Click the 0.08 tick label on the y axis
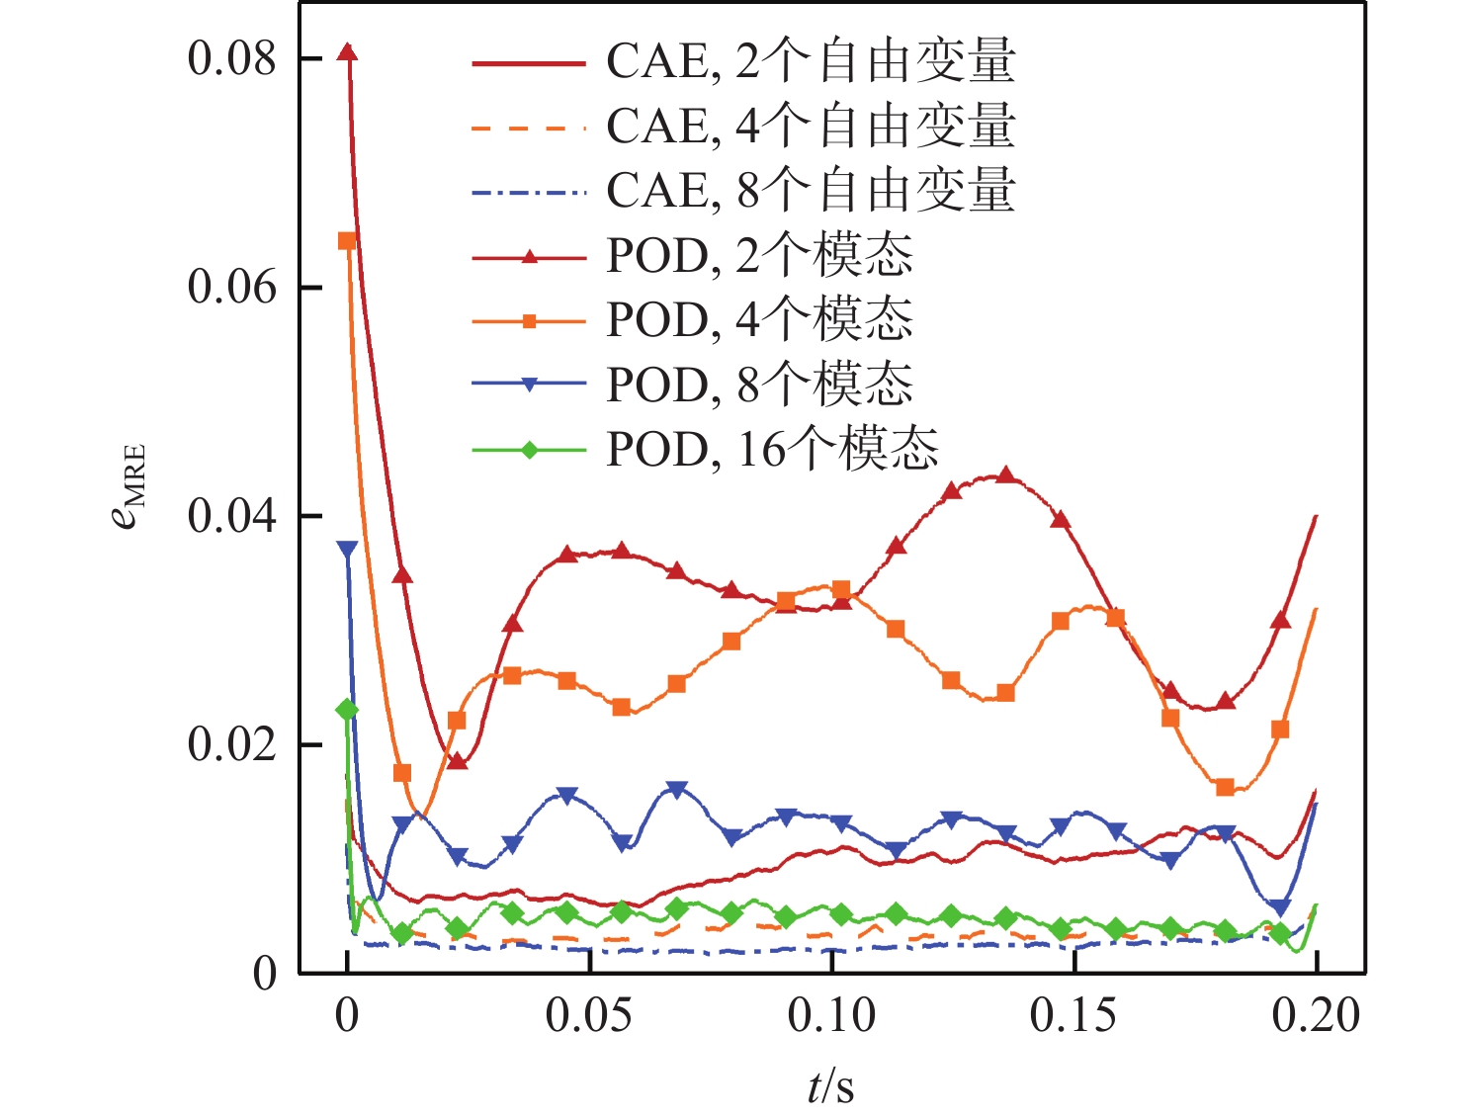click(231, 59)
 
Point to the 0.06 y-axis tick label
click(231, 288)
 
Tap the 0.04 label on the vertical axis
click(231, 516)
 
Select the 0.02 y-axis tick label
click(231, 744)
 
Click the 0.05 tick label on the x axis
click(589, 1015)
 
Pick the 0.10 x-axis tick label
click(831, 1015)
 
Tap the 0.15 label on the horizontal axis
click(1073, 1015)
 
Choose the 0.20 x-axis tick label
click(1316, 1015)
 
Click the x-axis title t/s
click(830, 1086)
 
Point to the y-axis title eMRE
click(129, 487)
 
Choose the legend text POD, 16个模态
click(772, 450)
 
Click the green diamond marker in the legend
click(530, 451)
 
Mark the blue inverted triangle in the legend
click(530, 386)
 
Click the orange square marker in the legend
click(530, 321)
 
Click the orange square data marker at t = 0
click(347, 241)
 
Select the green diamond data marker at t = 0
click(347, 710)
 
